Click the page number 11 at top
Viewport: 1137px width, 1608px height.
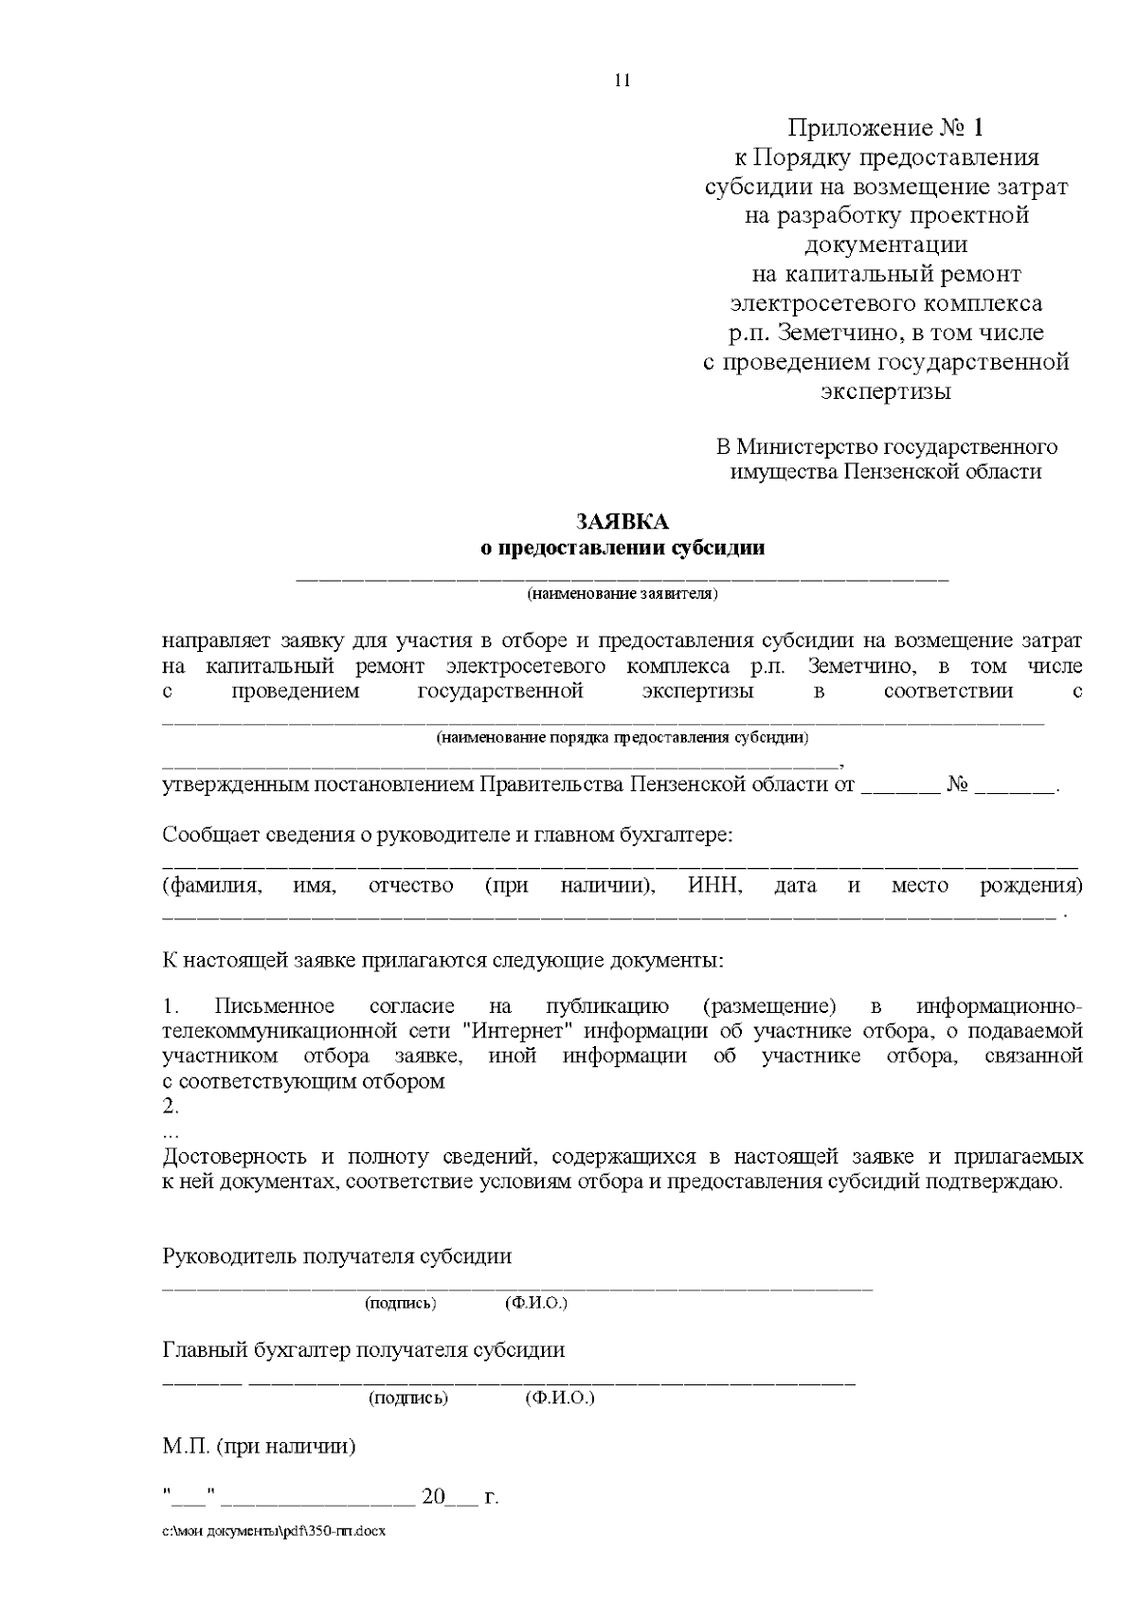tap(623, 81)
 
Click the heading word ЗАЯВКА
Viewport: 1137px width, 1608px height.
tap(623, 522)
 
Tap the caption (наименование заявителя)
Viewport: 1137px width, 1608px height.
tap(623, 595)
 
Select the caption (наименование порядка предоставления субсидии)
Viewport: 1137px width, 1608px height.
tap(622, 737)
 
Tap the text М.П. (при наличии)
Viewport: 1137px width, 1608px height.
tap(260, 1447)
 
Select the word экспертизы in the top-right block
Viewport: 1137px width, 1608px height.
tap(886, 391)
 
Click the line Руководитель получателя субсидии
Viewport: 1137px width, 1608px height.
tap(337, 1256)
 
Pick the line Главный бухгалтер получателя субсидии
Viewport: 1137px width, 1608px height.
tap(364, 1350)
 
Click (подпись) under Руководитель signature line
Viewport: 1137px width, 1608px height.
tap(401, 1304)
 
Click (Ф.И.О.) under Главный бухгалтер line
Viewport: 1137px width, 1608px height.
tap(559, 1398)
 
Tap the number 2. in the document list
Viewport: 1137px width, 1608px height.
tap(171, 1107)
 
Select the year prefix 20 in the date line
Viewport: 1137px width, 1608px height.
tap(433, 1497)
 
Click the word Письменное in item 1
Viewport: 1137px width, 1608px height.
tap(275, 1006)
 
